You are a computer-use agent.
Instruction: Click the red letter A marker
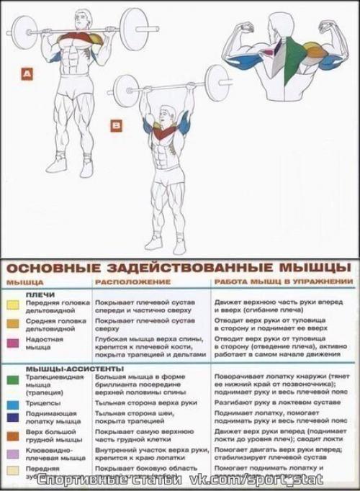27,73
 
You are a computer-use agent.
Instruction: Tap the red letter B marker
117,127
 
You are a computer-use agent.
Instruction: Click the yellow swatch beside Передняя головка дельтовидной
12,305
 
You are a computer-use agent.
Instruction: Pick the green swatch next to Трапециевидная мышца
12,379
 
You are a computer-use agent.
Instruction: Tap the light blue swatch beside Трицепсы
12,404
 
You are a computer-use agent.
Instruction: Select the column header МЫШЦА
25,282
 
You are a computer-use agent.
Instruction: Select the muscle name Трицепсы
40,405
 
